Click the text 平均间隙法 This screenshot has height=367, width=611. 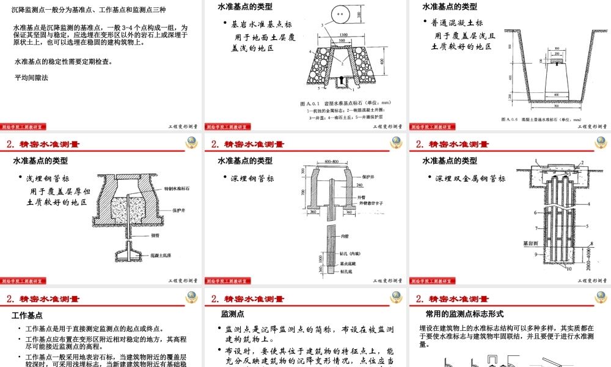tap(31, 78)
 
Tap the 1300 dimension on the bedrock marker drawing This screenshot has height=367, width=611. tap(344, 34)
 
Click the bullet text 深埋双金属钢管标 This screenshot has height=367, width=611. tap(470, 179)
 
